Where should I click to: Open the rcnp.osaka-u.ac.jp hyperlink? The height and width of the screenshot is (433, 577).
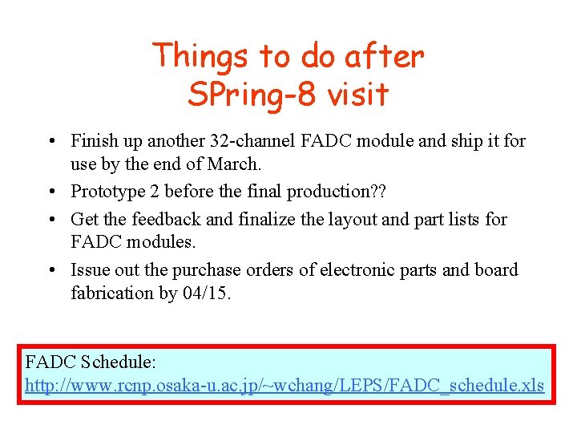pyautogui.click(x=284, y=386)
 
